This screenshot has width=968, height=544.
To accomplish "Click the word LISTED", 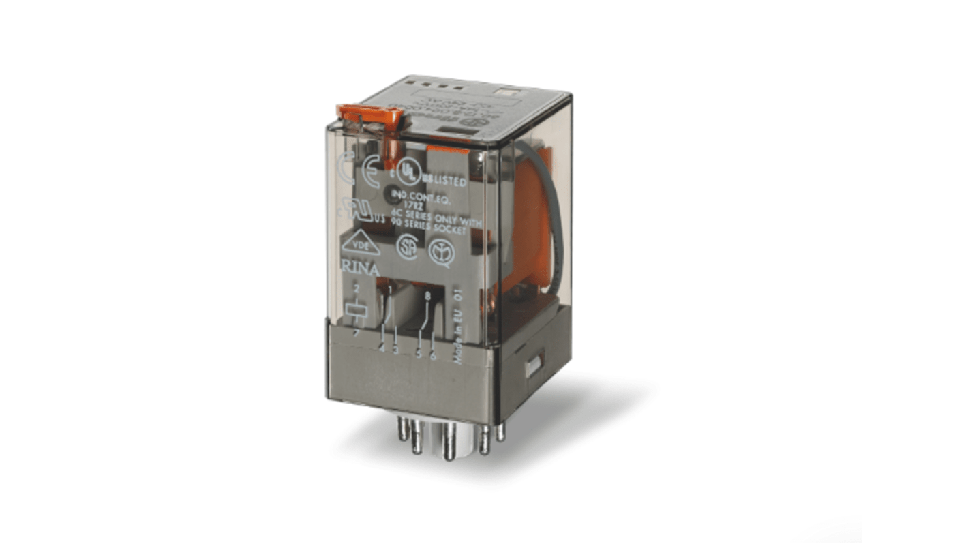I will point(448,183).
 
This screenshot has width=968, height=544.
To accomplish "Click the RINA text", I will point(361,270).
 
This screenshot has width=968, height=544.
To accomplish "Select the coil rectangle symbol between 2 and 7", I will point(356,310).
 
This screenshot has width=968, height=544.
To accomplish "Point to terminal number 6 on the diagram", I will point(432,355).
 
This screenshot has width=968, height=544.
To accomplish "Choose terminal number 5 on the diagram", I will point(419,353).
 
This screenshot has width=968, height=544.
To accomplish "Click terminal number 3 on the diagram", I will point(395,350).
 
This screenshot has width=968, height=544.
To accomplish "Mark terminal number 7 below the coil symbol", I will point(356,333).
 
